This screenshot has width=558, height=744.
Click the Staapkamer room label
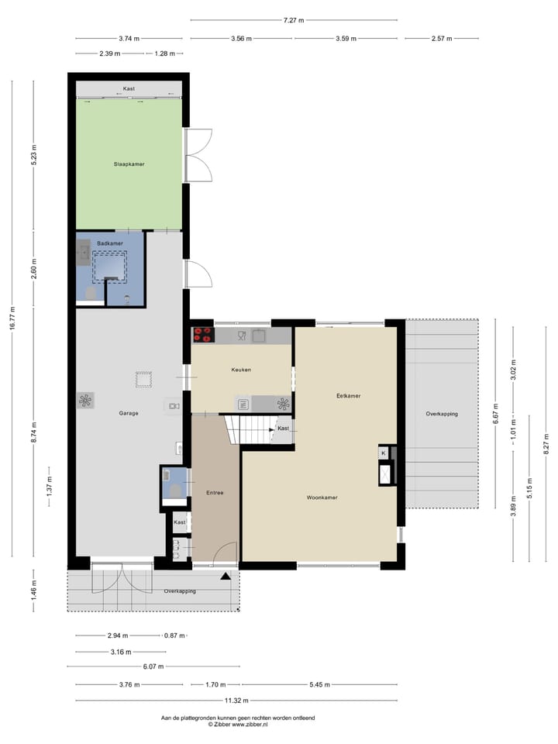129,164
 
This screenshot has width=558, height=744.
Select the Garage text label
129,413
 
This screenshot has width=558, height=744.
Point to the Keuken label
241,370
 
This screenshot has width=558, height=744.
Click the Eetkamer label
348,395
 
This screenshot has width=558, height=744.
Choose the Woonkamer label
322,498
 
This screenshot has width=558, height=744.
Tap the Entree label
215,493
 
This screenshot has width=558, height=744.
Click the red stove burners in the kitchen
203,335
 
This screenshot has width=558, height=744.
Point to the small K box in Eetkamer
383,453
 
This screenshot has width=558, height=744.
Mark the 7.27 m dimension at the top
294,20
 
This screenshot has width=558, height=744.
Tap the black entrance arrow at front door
226,576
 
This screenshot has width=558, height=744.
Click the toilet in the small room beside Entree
176,490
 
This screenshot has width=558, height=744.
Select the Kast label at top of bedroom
129,88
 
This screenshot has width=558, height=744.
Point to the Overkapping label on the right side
441,414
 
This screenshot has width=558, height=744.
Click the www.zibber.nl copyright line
237,725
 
